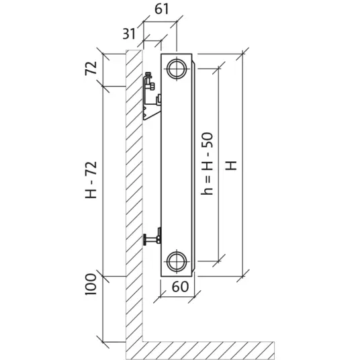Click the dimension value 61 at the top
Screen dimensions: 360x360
pos(162,9)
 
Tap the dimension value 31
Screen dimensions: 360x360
pos(129,34)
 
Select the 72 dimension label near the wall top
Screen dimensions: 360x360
pos(91,69)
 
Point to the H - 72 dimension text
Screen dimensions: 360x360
pos(91,180)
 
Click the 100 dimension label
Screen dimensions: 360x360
pos(91,284)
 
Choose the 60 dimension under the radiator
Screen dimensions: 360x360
pos(180,287)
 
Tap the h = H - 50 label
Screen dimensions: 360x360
pos(207,164)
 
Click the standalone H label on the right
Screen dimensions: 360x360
pos(231,165)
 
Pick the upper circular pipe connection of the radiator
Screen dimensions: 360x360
pos(177,69)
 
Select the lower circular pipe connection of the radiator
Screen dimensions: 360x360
pos(177,261)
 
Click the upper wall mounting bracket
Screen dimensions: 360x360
pos(152,97)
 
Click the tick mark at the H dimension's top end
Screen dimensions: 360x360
pos(242,54)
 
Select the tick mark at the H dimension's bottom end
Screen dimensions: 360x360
pos(242,276)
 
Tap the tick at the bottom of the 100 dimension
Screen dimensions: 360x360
pos(102,342)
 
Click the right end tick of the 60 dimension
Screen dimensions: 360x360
pos(195,297)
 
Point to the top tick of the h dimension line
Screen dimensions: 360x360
pos(218,69)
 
